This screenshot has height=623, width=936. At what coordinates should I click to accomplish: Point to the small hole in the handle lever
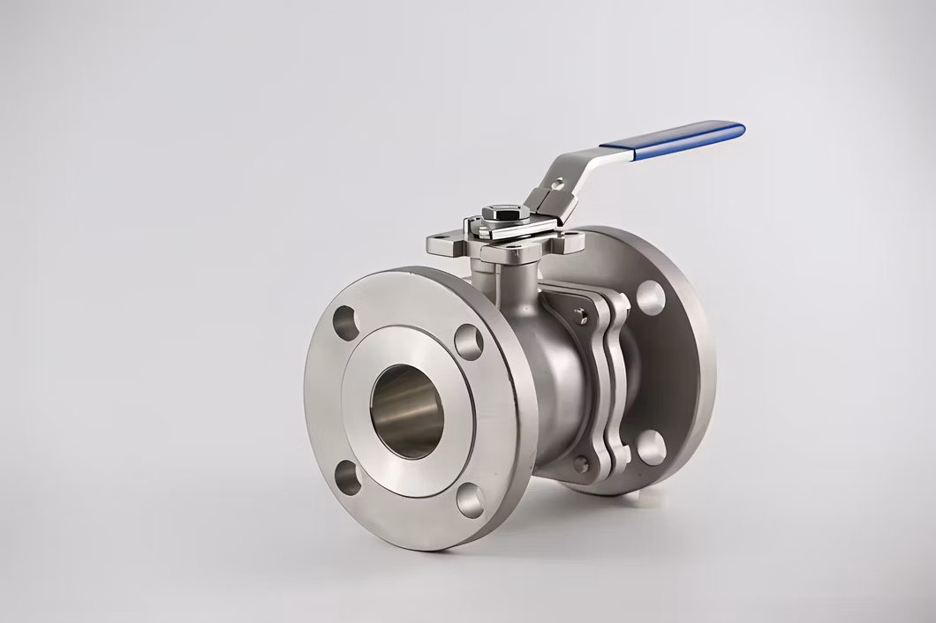(x=556, y=184)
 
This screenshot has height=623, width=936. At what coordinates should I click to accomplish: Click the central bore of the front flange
(x=406, y=411)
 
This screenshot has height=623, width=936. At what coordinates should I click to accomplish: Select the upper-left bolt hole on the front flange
(x=344, y=323)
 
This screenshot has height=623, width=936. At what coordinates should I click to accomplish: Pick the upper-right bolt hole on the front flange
(x=469, y=342)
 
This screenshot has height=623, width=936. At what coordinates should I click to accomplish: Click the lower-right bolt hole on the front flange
(x=470, y=500)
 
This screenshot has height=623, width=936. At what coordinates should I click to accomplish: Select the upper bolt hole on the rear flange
(x=650, y=297)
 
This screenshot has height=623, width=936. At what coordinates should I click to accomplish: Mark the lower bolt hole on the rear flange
(x=651, y=447)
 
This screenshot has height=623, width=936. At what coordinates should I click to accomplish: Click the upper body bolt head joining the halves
(x=580, y=317)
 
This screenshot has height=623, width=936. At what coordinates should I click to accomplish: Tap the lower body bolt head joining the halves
(x=580, y=462)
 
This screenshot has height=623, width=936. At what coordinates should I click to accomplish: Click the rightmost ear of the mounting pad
(x=571, y=237)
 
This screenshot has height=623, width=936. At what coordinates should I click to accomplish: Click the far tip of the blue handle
(x=739, y=129)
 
